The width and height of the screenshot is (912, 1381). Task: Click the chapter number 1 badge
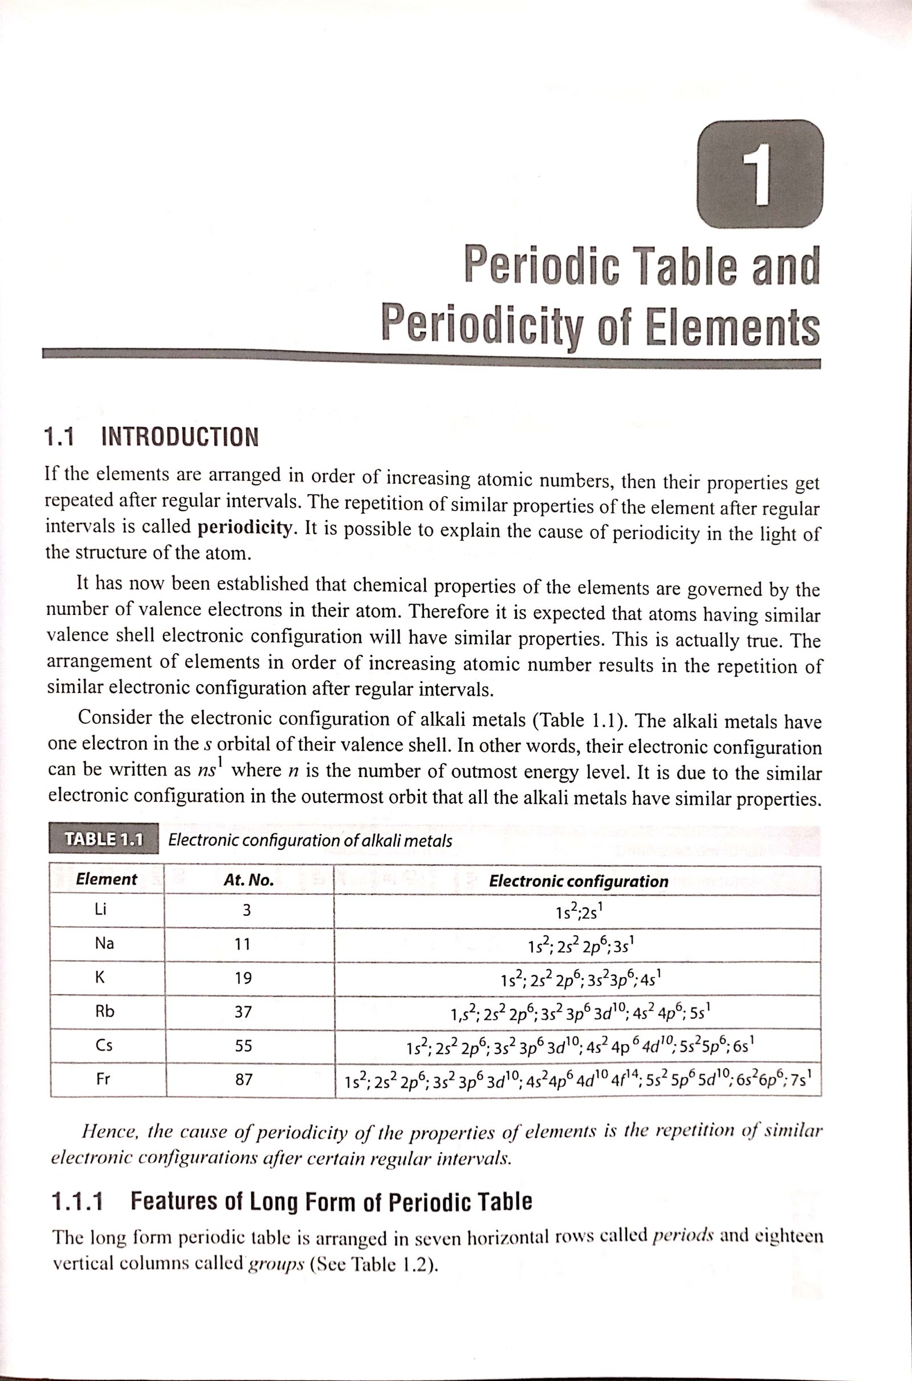759,174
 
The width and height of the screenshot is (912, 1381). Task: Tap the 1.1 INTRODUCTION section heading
151,437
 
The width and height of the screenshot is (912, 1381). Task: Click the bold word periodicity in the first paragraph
245,527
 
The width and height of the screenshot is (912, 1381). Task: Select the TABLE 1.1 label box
104,839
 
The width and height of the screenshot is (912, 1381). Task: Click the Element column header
107,879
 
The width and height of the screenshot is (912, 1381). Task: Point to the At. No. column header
249,881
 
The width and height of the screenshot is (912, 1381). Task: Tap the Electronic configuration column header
578,881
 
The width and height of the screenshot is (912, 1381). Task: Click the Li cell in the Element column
101,910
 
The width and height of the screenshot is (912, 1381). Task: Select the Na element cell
104,943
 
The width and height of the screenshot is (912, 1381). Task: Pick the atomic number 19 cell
243,978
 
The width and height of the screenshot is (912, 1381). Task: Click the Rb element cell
105,1012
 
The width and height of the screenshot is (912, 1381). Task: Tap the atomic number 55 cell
243,1046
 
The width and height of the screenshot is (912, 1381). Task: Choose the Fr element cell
103,1079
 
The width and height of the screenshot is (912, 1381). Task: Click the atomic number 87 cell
244,1080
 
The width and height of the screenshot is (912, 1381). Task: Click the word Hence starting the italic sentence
109,1131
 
